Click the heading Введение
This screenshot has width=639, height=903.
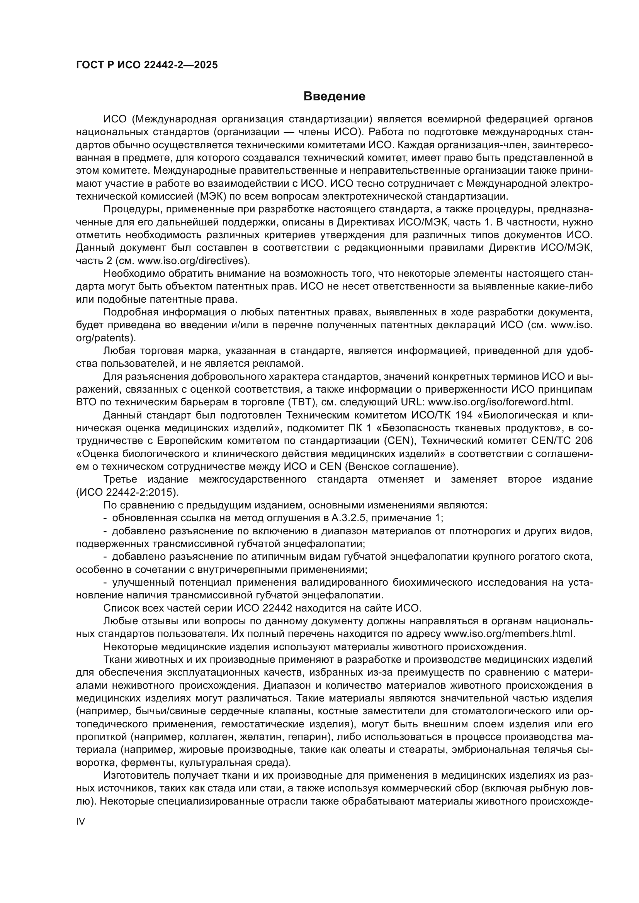[x=334, y=97]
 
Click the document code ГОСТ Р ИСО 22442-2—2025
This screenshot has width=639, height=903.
[x=147, y=65]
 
